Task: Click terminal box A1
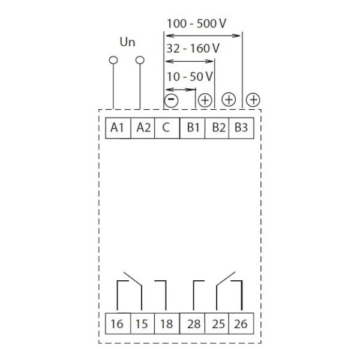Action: point(117,128)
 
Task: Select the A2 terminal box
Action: point(142,128)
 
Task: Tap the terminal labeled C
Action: point(166,128)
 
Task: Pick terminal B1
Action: point(193,128)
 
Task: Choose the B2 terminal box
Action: point(217,128)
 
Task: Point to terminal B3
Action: point(241,128)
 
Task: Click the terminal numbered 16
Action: point(117,324)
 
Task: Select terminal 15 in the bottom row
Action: point(142,324)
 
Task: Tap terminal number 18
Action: point(166,324)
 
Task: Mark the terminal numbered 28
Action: point(193,324)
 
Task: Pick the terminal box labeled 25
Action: point(217,324)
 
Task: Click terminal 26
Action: point(241,324)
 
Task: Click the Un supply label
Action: point(127,43)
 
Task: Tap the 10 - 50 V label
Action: point(190,77)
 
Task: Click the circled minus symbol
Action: point(171,100)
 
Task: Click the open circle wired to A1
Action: point(112,60)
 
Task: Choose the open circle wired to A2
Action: point(140,60)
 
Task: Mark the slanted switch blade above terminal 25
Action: point(226,278)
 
